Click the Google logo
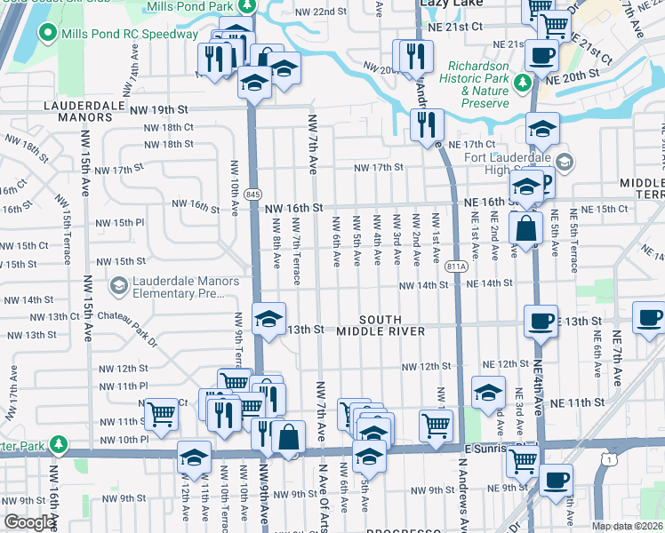[x=29, y=522]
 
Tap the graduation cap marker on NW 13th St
[x=268, y=317]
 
